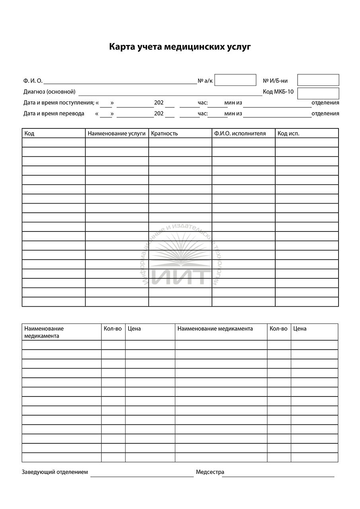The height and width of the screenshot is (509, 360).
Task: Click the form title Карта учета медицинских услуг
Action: (180, 47)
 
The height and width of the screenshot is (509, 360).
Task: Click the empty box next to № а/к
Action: (235, 80)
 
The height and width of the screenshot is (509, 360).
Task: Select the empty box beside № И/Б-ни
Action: (318, 80)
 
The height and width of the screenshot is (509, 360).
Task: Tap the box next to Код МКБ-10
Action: (318, 93)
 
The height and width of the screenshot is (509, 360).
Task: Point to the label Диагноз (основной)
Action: (49, 92)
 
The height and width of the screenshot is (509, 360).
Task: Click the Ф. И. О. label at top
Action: (33, 81)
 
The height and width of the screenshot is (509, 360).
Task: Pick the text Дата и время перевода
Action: (54, 113)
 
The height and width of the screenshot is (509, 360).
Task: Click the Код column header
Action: (29, 134)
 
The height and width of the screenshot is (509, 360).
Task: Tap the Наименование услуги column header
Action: (117, 134)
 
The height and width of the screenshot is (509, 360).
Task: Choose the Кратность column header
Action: (164, 134)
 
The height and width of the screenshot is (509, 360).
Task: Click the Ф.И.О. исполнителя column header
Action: (239, 134)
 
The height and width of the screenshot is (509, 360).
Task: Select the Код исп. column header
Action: (288, 134)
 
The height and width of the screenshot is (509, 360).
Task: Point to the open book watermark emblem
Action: (180, 251)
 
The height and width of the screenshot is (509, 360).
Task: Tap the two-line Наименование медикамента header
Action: (44, 332)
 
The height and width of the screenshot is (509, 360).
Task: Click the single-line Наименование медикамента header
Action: (215, 329)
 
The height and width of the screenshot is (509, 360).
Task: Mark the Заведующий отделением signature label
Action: (54, 472)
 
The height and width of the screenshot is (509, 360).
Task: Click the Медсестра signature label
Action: (210, 472)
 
